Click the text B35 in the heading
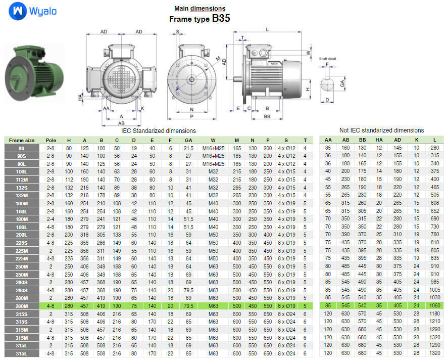click(221, 19)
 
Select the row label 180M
click(22, 219)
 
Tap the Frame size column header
click(22, 140)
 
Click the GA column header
click(188, 140)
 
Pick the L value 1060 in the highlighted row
click(434, 306)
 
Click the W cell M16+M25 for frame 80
click(213, 148)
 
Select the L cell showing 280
click(434, 148)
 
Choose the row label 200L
click(22, 235)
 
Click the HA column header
click(379, 140)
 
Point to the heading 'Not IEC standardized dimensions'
click(381, 130)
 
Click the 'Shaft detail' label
click(327, 59)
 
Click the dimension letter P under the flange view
click(191, 116)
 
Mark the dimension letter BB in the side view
click(266, 116)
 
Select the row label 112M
click(22, 179)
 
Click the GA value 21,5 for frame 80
click(188, 148)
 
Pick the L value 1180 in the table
click(434, 314)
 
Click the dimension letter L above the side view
click(267, 29)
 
